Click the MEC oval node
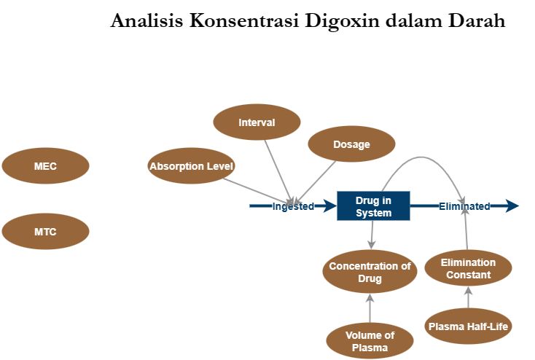[45, 166]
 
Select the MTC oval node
[45, 232]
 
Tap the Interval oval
[257, 122]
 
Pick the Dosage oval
[351, 144]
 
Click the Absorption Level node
[191, 166]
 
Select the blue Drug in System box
[373, 206]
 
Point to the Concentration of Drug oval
[370, 272]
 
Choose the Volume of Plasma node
[370, 341]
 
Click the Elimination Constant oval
[468, 268]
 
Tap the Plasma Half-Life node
[468, 326]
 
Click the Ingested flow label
[293, 206]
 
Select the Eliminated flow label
[464, 206]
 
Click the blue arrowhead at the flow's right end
[512, 206]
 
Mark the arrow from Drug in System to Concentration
[372, 235]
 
